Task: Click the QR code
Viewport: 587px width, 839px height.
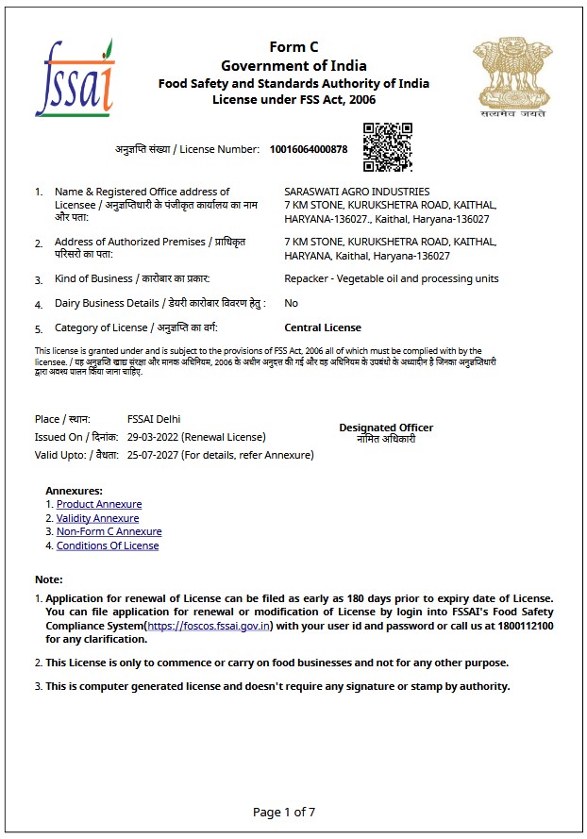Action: click(x=387, y=146)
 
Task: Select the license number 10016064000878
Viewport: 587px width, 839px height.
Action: click(x=308, y=149)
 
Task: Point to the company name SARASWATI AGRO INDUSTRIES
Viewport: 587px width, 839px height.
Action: click(x=357, y=192)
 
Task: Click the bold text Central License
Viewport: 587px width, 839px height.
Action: click(x=323, y=327)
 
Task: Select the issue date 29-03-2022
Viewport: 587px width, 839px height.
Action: click(x=152, y=437)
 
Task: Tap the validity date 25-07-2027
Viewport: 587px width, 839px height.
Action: click(x=152, y=455)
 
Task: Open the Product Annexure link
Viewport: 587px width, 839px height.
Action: click(x=99, y=504)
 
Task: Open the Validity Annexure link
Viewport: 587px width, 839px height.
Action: click(x=97, y=518)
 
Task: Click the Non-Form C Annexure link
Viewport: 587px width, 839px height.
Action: click(x=109, y=531)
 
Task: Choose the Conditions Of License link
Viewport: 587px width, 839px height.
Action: click(x=108, y=545)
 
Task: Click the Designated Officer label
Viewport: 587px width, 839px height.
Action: click(x=386, y=428)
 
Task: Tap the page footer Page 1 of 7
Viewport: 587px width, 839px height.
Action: click(x=284, y=812)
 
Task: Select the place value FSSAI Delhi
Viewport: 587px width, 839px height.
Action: click(x=154, y=419)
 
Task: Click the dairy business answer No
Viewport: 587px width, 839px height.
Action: click(x=291, y=303)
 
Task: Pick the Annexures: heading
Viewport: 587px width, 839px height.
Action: click(x=74, y=491)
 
